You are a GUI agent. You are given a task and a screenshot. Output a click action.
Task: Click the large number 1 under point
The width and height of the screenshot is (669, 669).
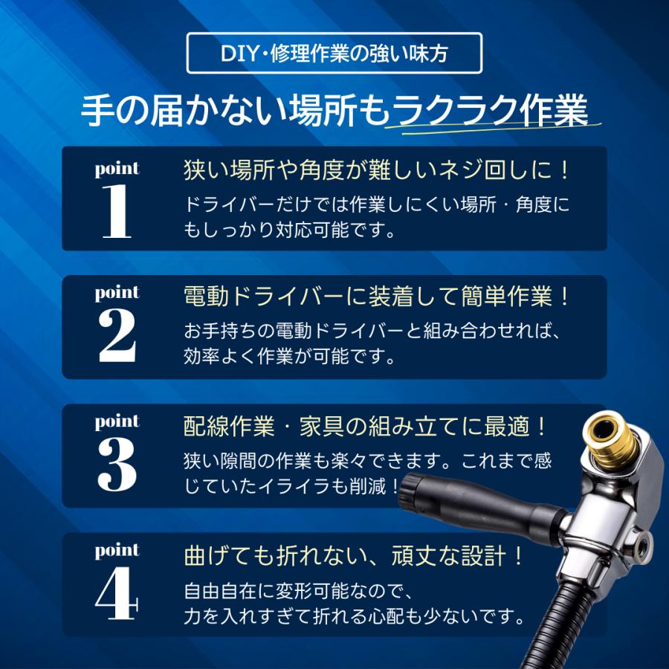[x=117, y=212]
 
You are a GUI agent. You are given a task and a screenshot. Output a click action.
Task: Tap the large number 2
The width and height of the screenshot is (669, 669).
[x=117, y=337]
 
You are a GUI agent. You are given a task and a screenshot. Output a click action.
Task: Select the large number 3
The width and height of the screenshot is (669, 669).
[x=117, y=465]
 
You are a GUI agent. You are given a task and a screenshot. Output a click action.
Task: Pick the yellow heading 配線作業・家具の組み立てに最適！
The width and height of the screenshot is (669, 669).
[x=366, y=426]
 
